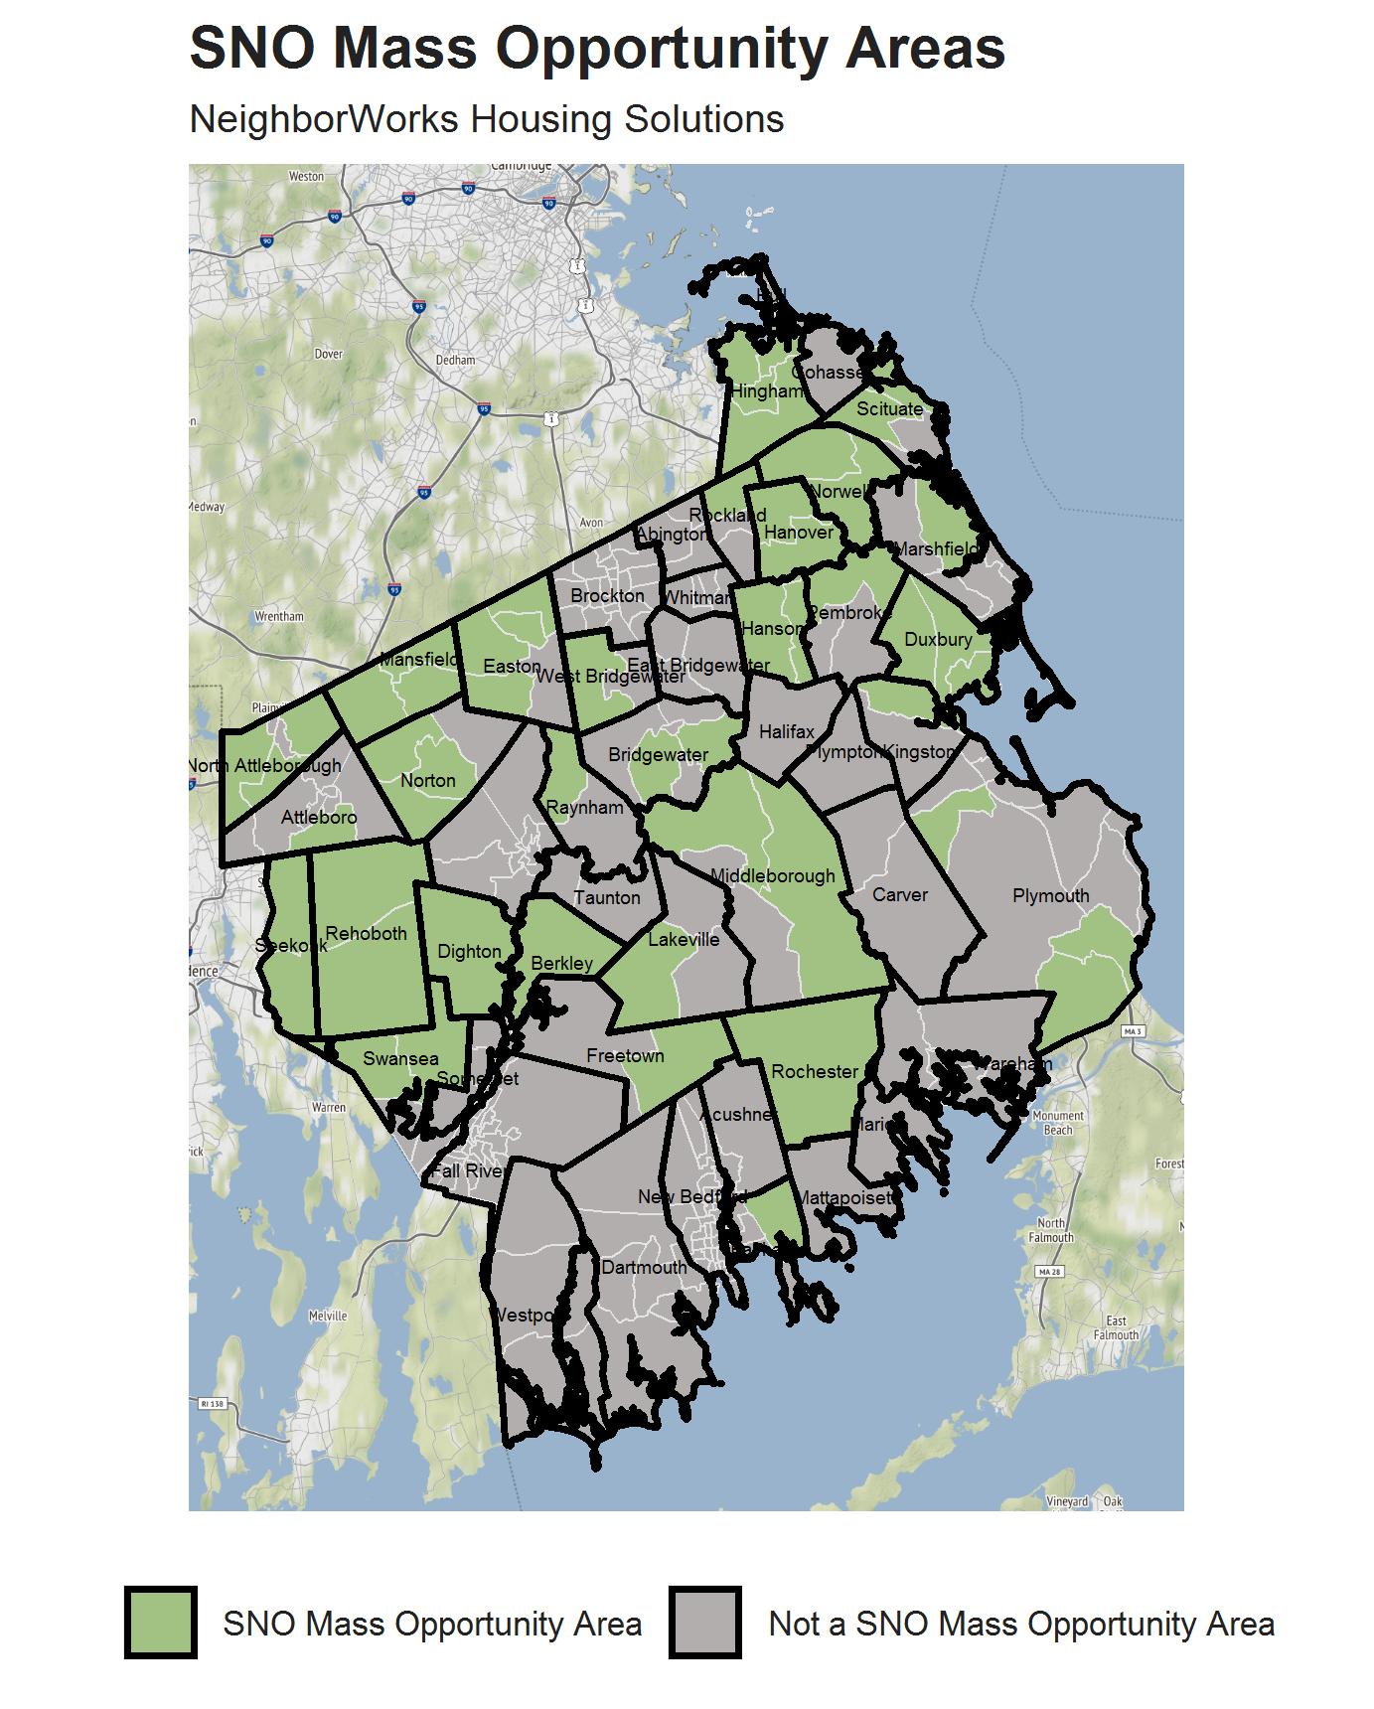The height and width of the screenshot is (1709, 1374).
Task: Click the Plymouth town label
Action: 1050,896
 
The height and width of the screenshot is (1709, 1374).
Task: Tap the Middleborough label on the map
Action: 773,876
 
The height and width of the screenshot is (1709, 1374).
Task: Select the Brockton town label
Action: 607,596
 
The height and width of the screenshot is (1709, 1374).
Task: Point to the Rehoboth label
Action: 366,934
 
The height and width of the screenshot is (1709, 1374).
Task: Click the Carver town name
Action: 899,895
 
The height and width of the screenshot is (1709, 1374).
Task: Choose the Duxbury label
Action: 938,640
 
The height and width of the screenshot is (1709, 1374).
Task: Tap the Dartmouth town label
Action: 644,1268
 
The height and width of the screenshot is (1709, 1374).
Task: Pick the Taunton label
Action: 607,898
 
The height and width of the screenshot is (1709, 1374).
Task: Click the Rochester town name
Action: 815,1072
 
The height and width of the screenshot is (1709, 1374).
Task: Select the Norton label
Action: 428,781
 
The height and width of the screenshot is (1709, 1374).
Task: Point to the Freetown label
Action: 625,1056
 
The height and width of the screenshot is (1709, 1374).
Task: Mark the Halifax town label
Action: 786,732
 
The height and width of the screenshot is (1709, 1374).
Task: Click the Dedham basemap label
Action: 455,360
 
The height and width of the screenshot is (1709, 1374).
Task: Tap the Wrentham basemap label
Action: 279,616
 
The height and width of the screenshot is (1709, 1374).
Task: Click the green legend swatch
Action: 160,1623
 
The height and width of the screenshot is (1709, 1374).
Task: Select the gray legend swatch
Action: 704,1623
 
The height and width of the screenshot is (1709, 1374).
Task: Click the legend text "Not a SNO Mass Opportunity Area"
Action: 1021,1624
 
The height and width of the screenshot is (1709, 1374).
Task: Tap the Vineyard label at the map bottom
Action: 1067,1501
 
